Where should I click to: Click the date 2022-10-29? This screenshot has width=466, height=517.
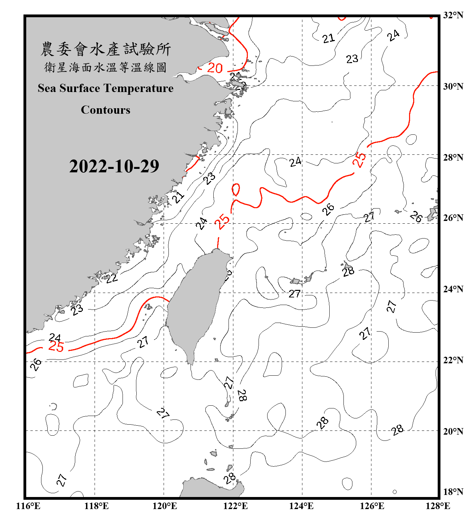114,166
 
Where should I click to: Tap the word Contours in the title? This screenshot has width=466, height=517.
106,110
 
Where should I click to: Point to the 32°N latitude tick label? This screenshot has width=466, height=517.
453,15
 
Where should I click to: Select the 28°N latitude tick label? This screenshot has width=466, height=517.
453,158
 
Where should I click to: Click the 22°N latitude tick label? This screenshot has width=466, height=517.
453,360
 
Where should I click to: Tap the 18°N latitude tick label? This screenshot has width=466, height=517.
453,492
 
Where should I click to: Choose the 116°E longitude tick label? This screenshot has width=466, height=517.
28,506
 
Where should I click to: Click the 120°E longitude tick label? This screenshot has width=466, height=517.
165,506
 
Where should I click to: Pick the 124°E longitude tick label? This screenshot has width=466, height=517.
301,506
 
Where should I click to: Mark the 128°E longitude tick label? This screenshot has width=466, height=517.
438,506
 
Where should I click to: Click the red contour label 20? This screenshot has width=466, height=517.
215,68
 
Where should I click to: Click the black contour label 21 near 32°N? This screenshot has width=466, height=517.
329,38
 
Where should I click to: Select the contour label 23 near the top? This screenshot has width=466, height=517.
352,59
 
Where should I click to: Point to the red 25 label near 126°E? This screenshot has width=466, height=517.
359,160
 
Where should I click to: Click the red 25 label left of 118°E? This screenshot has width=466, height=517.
56,346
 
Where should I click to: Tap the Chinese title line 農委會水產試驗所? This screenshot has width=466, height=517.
106,49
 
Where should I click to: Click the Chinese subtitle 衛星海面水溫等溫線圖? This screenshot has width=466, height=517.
105,67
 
